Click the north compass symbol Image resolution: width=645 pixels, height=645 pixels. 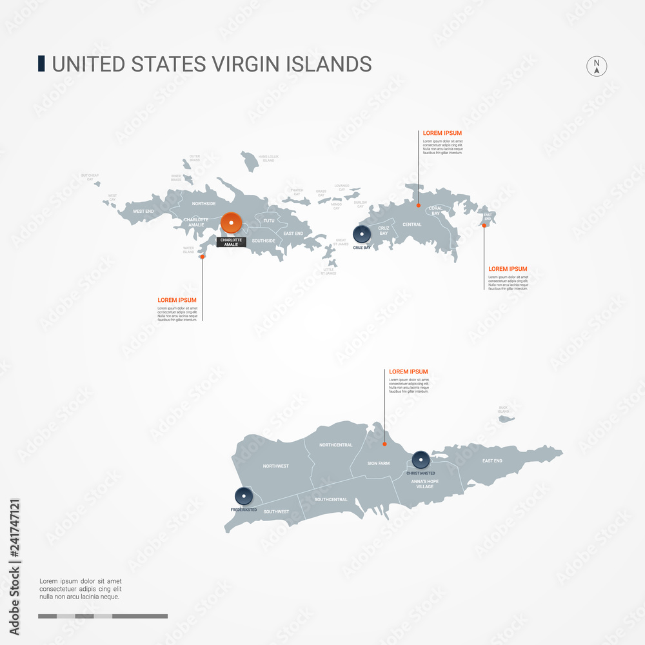pos(597,66)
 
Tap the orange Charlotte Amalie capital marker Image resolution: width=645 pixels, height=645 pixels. pos(231,223)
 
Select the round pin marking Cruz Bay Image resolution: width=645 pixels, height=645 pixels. pos(362,235)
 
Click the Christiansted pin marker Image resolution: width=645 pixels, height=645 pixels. pos(421,460)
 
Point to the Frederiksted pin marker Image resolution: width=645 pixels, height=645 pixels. pos(244,497)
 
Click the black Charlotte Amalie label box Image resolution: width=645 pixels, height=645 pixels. pos(231,242)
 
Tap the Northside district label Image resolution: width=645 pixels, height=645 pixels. pos(204,203)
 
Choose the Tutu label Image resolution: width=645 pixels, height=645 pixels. pos(268,221)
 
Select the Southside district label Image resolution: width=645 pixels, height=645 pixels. pos(263,241)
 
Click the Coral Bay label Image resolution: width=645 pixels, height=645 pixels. pos(436,210)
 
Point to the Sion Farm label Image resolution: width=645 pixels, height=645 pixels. pos(379,463)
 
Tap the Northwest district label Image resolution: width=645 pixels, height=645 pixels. pos(275,466)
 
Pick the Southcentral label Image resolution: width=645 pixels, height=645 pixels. pos(331,499)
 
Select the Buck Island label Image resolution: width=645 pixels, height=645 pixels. pos(504,410)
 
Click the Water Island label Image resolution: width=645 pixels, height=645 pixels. pos(188,250)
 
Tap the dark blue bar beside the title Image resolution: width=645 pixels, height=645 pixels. pos(42,63)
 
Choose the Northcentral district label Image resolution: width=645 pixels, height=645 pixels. pos(335,445)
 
